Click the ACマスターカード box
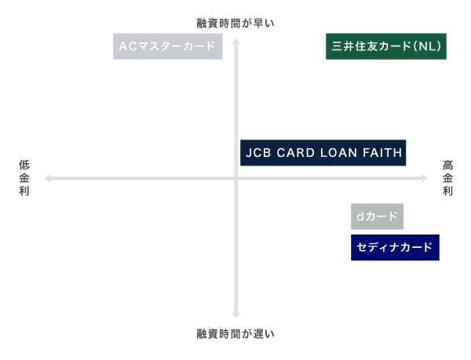click(167, 46)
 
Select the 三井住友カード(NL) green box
click(386, 46)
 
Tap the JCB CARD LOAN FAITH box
click(323, 153)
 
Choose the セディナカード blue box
click(394, 248)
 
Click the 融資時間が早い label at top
click(235, 24)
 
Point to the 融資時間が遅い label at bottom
click(235, 333)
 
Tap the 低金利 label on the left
click(24, 178)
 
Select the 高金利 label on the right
click(447, 178)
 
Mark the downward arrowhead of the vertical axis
click(235, 315)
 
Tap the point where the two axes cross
click(235, 179)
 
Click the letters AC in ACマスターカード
click(128, 46)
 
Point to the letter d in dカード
click(360, 216)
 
